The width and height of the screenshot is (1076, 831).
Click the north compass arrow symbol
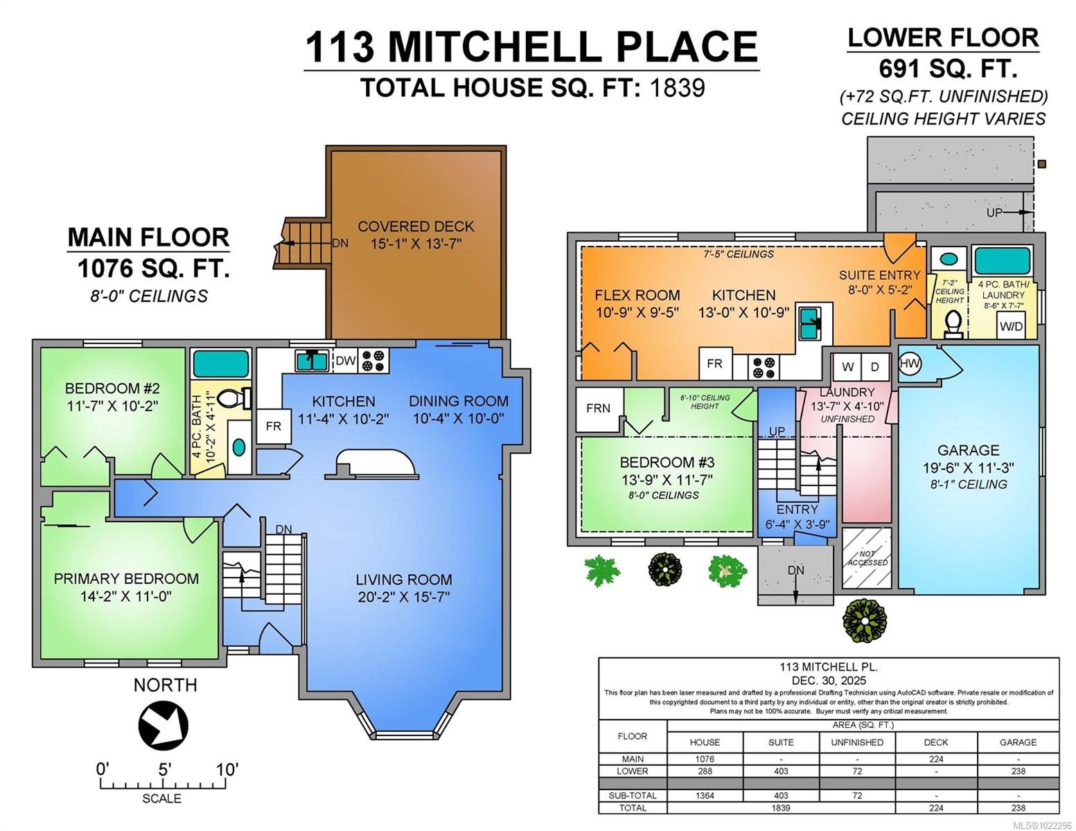click(x=163, y=726)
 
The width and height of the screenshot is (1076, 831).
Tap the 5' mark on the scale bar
click(x=164, y=770)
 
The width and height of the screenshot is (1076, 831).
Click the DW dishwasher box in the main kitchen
click(x=344, y=360)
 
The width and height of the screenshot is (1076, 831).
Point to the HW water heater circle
click(x=910, y=363)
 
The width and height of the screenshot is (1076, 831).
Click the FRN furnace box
click(x=598, y=408)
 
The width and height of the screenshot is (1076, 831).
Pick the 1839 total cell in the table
click(x=780, y=807)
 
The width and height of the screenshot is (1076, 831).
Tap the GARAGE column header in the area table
click(x=1017, y=742)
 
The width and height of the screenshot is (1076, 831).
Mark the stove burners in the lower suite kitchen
click(x=764, y=367)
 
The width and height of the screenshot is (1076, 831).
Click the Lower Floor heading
click(x=943, y=38)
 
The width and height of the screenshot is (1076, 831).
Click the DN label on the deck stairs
click(x=340, y=243)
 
